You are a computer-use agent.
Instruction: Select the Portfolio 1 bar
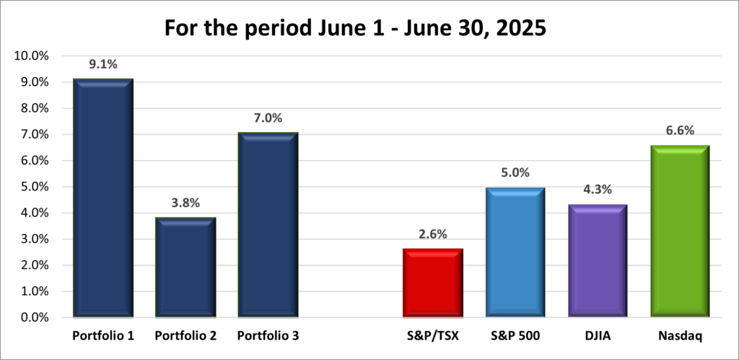102,198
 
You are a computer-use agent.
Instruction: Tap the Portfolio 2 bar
185,268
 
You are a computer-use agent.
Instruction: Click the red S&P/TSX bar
432,283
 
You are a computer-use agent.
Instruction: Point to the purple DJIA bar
596,261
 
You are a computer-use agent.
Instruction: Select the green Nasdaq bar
679,231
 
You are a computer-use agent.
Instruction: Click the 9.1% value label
102,65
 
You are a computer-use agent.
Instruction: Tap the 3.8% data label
185,203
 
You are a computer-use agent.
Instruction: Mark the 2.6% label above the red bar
432,234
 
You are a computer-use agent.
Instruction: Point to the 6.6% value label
679,131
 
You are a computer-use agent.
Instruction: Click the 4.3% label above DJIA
596,190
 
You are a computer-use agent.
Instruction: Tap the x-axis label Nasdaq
679,336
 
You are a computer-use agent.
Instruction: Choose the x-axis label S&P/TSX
432,336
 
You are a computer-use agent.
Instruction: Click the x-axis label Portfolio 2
185,336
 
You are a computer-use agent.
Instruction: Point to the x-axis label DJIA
596,336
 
